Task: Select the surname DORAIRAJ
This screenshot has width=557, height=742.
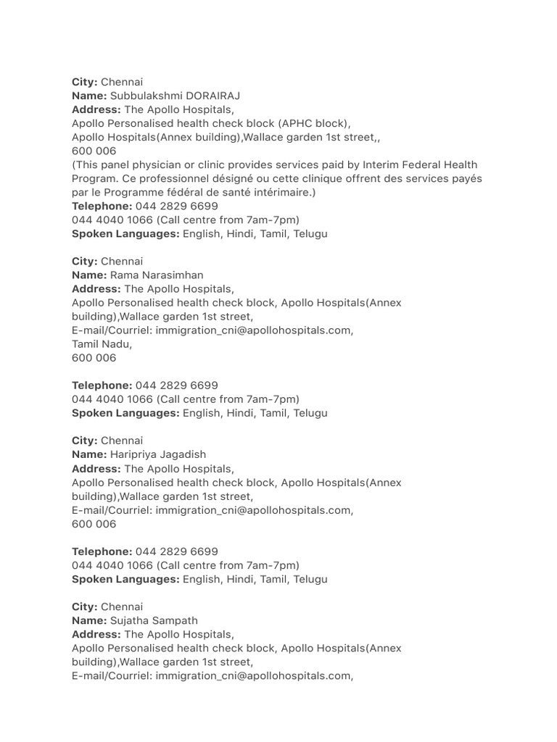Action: [214, 96]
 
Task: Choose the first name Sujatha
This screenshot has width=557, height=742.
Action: [129, 620]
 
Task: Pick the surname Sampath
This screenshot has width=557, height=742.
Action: [175, 620]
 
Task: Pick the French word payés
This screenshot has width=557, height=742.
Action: [466, 179]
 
